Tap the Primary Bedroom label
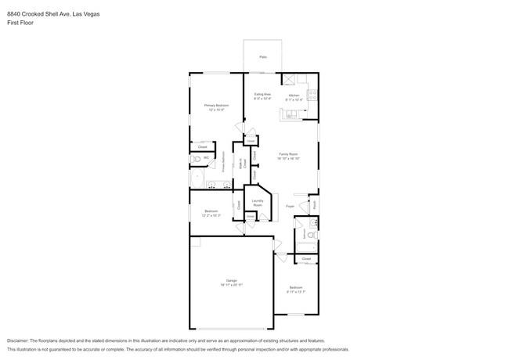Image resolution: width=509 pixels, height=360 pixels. (216, 105)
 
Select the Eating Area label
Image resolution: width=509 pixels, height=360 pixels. (262, 94)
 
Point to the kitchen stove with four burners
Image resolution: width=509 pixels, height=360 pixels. (313, 95)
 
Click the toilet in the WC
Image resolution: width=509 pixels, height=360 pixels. (196, 159)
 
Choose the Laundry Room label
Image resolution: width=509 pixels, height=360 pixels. (257, 203)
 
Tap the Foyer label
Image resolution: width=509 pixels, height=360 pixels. (289, 206)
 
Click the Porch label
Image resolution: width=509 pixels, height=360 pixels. (314, 205)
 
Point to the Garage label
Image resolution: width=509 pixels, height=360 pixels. (232, 280)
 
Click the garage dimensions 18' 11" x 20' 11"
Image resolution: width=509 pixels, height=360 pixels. (232, 285)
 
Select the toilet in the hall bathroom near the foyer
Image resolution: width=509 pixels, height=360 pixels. (311, 235)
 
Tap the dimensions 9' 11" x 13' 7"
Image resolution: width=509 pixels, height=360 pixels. (295, 292)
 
